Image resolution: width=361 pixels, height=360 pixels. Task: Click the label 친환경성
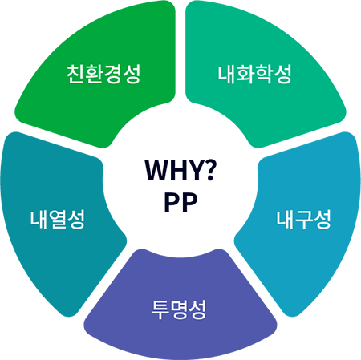103,74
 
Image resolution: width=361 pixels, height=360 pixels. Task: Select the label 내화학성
254,74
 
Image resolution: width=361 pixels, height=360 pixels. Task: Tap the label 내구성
303,220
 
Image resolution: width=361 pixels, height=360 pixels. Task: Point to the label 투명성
179,309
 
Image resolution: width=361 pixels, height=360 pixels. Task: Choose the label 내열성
57,220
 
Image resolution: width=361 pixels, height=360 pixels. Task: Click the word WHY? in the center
180,170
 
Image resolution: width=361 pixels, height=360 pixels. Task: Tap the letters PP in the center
180,202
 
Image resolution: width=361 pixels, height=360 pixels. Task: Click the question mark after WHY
209,170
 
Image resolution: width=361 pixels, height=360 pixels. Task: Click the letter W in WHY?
156,171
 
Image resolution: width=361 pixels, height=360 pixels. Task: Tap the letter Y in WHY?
194,171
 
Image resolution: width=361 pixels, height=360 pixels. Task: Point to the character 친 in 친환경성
75,74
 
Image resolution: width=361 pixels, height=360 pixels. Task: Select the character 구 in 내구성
303,220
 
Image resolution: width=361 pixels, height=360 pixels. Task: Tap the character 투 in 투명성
160,310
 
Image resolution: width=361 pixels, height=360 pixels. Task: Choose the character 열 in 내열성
57,220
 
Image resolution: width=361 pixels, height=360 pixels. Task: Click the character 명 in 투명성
179,309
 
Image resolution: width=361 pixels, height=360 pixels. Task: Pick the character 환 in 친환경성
94,74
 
